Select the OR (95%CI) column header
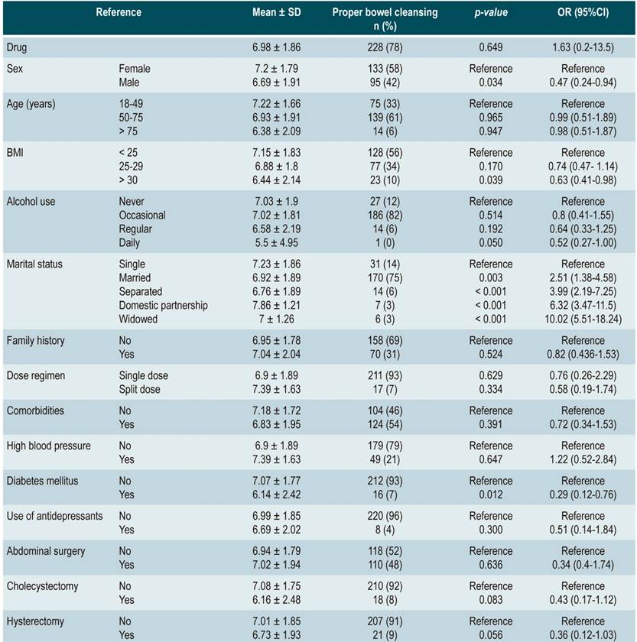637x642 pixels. click(x=582, y=13)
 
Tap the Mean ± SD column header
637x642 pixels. click(x=276, y=13)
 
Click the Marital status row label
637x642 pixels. click(x=34, y=264)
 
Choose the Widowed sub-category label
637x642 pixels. click(x=138, y=319)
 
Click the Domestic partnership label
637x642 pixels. click(x=163, y=306)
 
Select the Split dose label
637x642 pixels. click(x=142, y=390)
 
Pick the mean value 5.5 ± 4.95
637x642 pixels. click(x=276, y=243)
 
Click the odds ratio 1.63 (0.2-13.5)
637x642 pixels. click(x=582, y=47)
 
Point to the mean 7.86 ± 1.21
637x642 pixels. click(x=276, y=306)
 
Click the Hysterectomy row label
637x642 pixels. click(x=36, y=621)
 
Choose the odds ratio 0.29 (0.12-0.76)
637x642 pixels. click(x=582, y=495)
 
